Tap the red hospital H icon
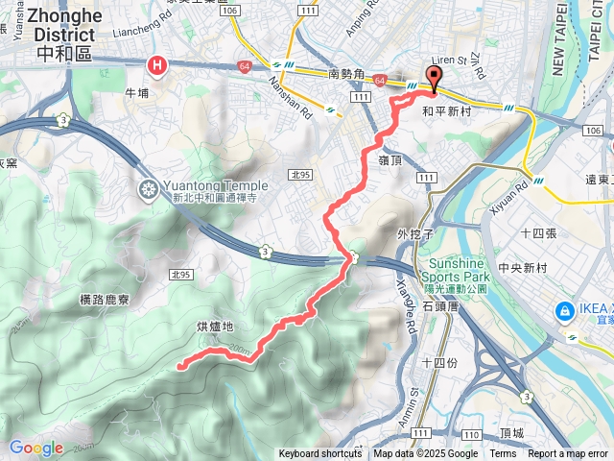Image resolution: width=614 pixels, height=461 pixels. pyautogui.click(x=157, y=65)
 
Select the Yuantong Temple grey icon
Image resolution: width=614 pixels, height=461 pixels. pyautogui.click(x=149, y=186)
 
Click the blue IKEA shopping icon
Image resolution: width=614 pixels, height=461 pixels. pyautogui.click(x=563, y=310)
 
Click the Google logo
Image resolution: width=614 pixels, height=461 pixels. pyautogui.click(x=35, y=448)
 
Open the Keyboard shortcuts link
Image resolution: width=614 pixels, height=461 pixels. pyautogui.click(x=320, y=454)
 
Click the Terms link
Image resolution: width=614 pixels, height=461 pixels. pyautogui.click(x=503, y=454)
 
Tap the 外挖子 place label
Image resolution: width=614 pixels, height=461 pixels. pyautogui.click(x=416, y=233)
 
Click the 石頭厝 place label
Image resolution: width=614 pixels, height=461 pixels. pyautogui.click(x=441, y=306)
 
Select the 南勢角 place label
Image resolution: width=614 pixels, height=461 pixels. pyautogui.click(x=347, y=73)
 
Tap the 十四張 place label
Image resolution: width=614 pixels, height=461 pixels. pyautogui.click(x=539, y=233)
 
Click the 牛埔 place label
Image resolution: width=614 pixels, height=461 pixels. pyautogui.click(x=137, y=94)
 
